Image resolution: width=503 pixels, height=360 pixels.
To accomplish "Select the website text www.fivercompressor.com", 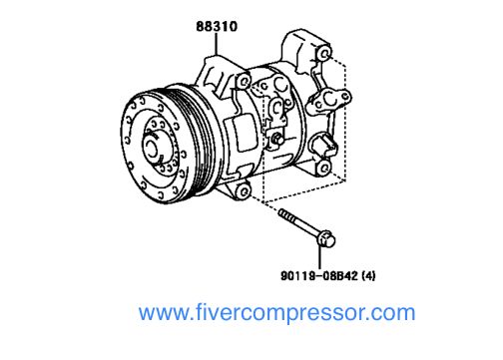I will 276,313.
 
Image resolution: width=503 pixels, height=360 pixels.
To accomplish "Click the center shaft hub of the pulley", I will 158,144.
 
